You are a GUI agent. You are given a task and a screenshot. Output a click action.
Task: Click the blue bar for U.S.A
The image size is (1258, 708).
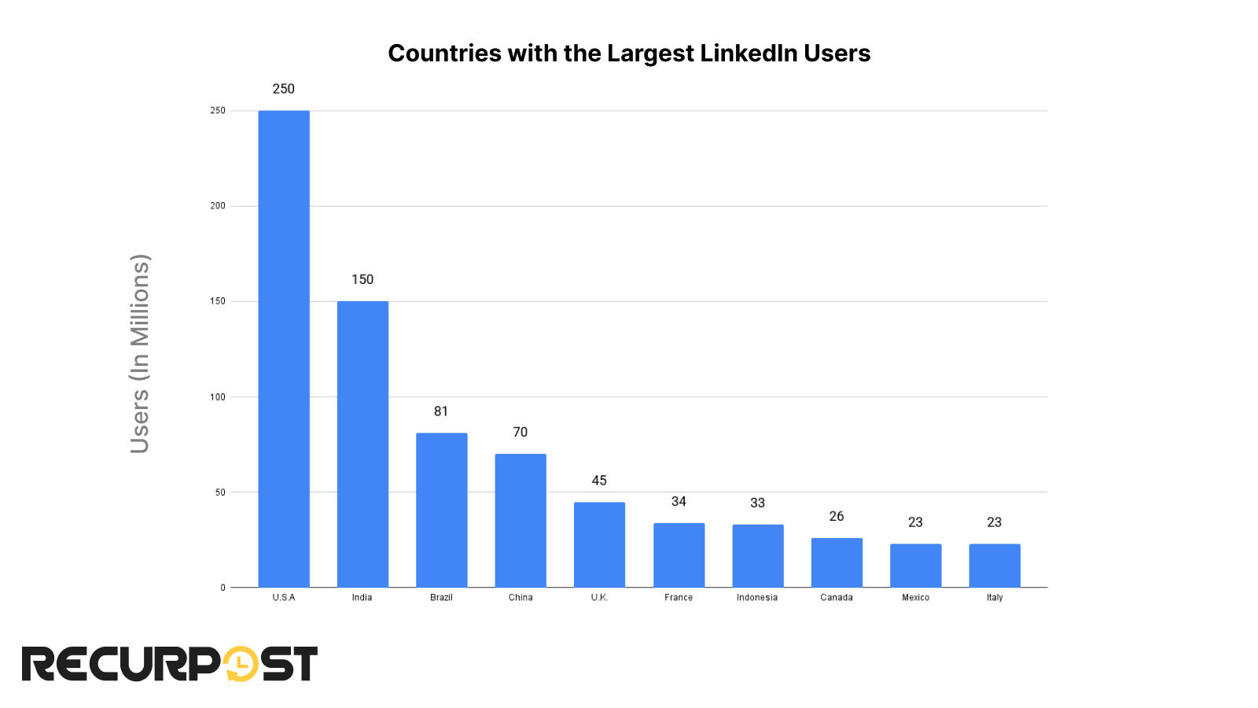pos(284,348)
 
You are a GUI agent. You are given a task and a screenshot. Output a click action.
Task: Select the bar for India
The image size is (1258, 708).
pos(362,444)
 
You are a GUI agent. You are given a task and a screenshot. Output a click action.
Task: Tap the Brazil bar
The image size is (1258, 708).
pos(441,510)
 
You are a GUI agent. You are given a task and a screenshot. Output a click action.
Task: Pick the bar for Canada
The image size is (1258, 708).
pos(837,562)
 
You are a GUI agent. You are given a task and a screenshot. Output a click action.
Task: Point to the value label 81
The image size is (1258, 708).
pos(441,411)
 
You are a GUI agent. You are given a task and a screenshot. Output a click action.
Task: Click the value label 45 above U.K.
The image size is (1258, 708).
pos(599,481)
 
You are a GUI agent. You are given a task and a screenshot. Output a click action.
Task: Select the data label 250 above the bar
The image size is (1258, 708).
pos(284,89)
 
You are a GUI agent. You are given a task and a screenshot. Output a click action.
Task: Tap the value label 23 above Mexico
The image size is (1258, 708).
pos(915,522)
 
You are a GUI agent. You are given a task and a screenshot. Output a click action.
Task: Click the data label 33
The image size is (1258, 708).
pos(757,503)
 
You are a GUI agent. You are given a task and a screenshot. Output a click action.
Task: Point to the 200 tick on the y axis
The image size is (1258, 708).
pos(218,206)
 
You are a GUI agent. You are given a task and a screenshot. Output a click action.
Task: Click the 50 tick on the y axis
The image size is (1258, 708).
pos(220,492)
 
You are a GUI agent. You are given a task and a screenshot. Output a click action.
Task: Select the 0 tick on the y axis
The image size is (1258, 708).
pos(223,588)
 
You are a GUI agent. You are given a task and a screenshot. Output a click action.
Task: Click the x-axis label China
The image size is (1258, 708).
pos(520,598)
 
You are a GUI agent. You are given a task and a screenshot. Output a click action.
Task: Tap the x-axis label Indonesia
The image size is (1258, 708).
pos(757,598)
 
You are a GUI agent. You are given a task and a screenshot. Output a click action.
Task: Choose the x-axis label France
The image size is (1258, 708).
pos(679,598)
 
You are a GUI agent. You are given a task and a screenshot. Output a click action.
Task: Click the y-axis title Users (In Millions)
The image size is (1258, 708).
pos(140,353)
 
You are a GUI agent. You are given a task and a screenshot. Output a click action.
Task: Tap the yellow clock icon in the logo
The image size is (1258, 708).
pos(241,664)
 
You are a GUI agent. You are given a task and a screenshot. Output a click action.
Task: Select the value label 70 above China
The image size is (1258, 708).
pos(520,432)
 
